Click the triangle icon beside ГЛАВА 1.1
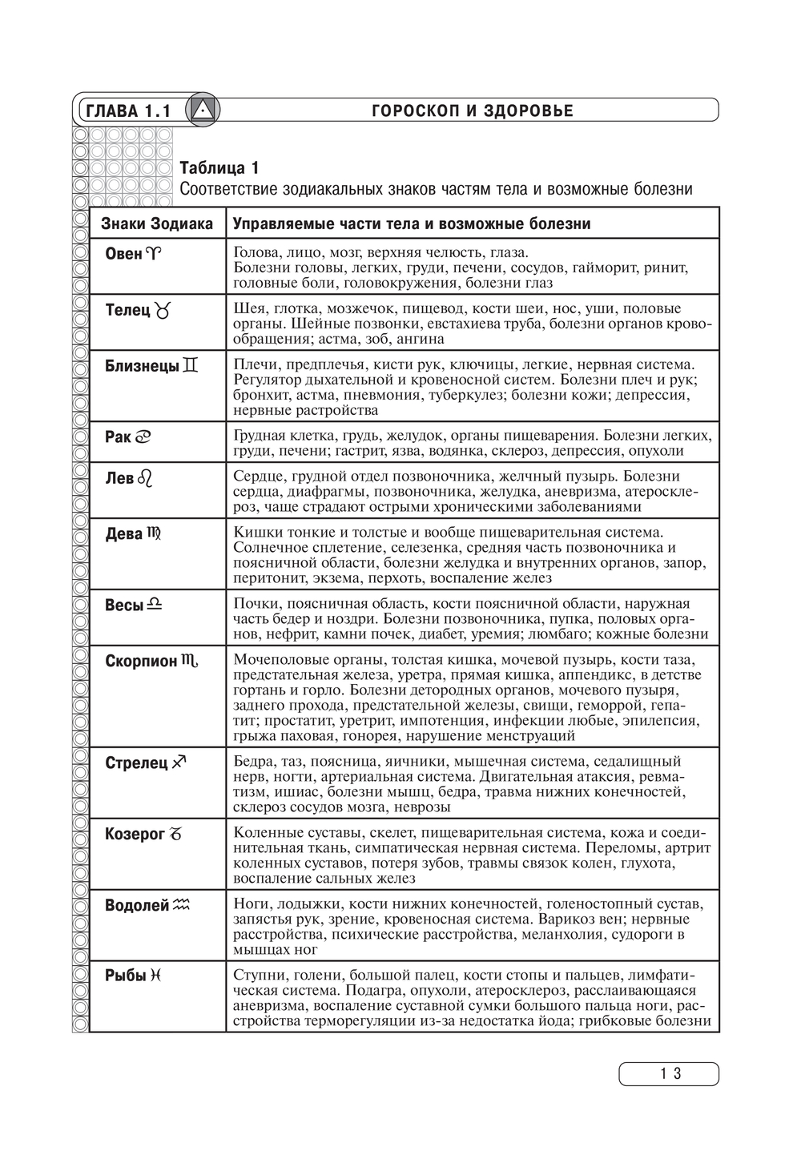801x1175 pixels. tap(203, 110)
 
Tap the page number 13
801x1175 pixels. tap(669, 1074)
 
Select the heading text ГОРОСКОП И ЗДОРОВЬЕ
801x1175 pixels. tap(473, 111)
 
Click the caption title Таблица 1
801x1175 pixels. tap(219, 168)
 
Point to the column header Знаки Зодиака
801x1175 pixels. tap(157, 223)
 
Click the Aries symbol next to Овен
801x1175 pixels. tap(153, 254)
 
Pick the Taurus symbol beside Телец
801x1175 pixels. tap(163, 310)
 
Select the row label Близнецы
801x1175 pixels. tap(142, 366)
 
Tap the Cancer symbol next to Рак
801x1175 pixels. tap(143, 437)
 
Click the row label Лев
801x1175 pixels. tap(119, 478)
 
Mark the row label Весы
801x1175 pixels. tap(124, 605)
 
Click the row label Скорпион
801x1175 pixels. tap(141, 661)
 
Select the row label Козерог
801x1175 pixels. tap(135, 834)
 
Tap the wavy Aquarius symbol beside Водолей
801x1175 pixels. tap(183, 905)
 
